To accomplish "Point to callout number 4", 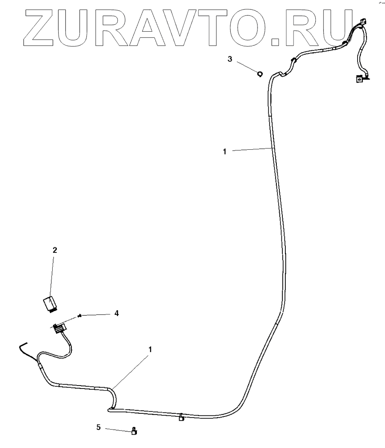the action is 116,313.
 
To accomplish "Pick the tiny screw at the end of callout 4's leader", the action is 80,316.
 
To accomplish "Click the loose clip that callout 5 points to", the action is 134,432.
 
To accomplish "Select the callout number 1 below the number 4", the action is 150,350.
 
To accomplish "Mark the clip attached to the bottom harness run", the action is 181,417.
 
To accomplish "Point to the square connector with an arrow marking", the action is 359,78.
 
